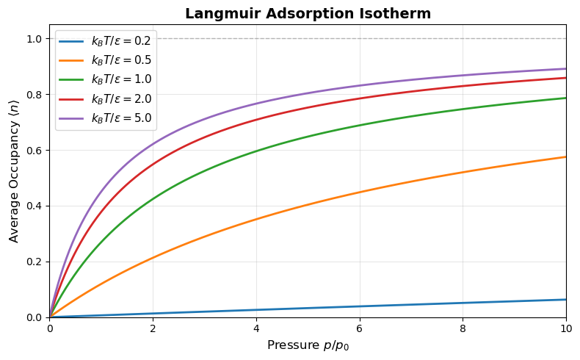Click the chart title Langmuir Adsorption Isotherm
click(308, 13)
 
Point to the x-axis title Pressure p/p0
click(308, 345)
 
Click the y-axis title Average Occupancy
click(14, 170)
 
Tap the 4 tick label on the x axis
click(256, 328)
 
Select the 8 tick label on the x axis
click(463, 328)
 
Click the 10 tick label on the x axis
click(565, 328)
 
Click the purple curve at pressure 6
click(360, 86)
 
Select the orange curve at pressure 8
click(463, 173)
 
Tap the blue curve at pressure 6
click(360, 306)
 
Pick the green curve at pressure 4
click(256, 152)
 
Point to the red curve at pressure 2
click(153, 165)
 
